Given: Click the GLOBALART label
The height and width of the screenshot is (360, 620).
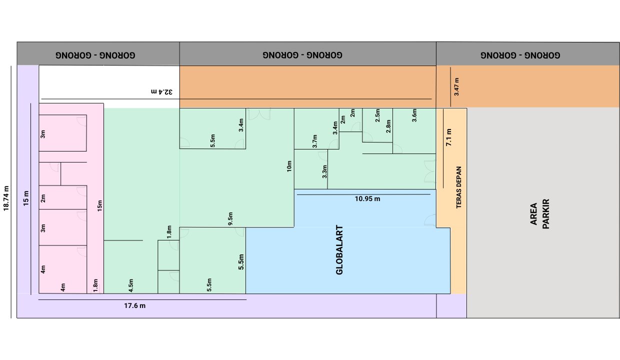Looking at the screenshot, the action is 339,250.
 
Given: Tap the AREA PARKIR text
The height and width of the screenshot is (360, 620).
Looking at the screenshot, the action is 539,214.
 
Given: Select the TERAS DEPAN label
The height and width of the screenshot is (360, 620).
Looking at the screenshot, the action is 458,187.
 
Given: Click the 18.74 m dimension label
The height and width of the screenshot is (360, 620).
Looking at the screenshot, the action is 6,198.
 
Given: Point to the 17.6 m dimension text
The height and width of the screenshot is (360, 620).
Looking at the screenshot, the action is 135,306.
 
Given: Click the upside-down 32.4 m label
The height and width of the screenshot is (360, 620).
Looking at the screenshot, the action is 161,91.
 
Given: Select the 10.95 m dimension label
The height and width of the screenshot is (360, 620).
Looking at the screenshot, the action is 367,198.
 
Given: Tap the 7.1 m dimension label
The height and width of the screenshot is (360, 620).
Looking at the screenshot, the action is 448,137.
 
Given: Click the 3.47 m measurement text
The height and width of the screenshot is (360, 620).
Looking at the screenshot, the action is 456,87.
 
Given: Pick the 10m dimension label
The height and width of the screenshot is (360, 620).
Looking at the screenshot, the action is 289,166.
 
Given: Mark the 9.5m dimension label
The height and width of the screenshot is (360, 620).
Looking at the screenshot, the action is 230,218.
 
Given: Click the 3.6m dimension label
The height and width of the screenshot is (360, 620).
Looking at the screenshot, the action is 414,115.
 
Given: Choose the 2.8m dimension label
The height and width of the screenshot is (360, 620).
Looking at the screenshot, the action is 388,126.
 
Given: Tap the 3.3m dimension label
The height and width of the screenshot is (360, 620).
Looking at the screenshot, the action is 324,171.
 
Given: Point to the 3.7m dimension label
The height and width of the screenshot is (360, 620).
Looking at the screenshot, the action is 314,141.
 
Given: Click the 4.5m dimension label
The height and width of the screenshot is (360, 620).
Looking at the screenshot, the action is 131,285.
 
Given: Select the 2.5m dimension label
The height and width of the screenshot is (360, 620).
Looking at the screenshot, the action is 377,115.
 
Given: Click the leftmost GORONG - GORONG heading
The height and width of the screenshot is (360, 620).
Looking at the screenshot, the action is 95,55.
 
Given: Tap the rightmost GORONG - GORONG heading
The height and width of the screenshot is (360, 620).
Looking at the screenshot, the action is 520,55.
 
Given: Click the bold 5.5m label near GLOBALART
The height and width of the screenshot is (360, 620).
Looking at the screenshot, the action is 241,262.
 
